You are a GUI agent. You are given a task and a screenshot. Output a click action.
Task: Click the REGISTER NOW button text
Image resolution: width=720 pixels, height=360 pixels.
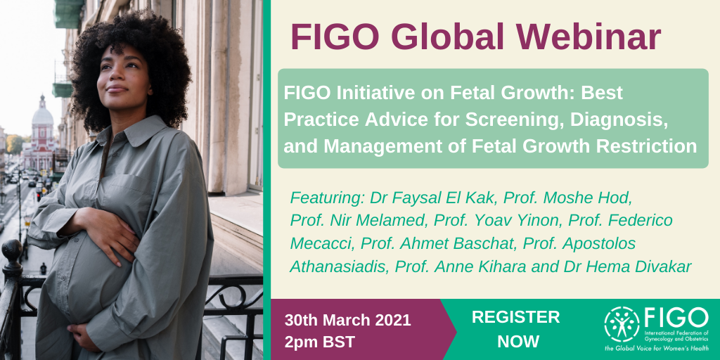[515, 329]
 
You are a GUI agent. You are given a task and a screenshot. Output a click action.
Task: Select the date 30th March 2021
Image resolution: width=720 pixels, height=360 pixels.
[347, 320]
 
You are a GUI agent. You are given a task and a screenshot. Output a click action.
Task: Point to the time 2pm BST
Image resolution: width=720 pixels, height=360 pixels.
[319, 342]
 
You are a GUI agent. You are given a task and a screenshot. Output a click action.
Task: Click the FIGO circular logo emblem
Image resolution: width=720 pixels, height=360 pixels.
[622, 323]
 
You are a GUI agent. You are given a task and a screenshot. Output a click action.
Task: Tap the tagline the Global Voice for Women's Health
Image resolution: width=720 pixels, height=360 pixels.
[657, 348]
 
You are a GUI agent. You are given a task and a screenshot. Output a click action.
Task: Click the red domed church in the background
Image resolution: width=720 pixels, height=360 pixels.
[41, 127]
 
